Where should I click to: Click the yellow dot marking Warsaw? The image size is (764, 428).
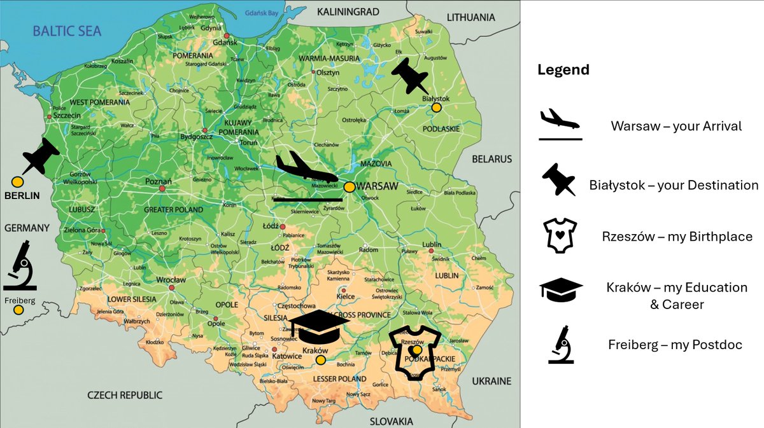coord(349,187)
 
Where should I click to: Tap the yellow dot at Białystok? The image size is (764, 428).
coord(436,108)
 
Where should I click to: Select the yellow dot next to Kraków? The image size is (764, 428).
coord(321,361)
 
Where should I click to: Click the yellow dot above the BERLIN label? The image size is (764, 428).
coord(18,182)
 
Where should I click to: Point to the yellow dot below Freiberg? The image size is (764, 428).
coord(18,310)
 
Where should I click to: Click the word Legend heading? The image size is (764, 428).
coord(563,70)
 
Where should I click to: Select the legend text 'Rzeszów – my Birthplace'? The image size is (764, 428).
coord(677,237)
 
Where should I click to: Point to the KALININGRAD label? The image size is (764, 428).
coord(348,11)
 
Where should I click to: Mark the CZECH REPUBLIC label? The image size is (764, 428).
coord(125,395)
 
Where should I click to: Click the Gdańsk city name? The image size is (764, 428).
coord(226,42)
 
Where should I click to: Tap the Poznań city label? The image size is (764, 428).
coord(159,181)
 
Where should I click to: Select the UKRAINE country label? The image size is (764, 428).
coord(492,381)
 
